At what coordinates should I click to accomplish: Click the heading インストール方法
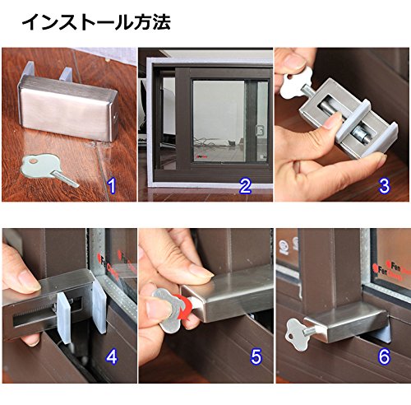pos(96,22)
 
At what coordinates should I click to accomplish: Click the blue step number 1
pos(112,186)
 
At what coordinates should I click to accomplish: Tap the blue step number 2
pos(245,186)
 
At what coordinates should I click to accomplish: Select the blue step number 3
pos(384,186)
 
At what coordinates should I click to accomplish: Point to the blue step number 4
pos(112,356)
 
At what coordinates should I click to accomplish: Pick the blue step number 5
pos(256,356)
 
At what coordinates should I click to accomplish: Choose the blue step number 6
pos(384,356)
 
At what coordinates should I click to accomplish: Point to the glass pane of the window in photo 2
pos(218,121)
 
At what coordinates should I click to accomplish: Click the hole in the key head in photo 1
pos(34,161)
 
